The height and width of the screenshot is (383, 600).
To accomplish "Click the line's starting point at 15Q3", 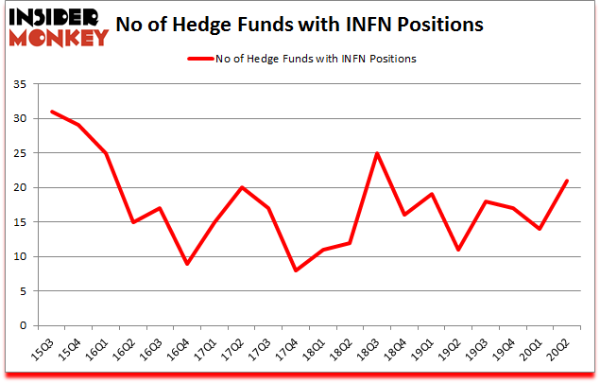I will (x=52, y=112).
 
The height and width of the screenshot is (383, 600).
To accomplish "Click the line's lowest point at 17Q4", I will (x=296, y=270).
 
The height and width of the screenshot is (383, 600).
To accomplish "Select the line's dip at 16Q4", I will (x=187, y=264).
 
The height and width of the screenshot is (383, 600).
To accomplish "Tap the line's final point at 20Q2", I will (x=566, y=181).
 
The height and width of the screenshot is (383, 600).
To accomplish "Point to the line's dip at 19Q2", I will (x=458, y=250).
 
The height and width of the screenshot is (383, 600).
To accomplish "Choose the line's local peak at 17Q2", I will (x=242, y=187).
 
